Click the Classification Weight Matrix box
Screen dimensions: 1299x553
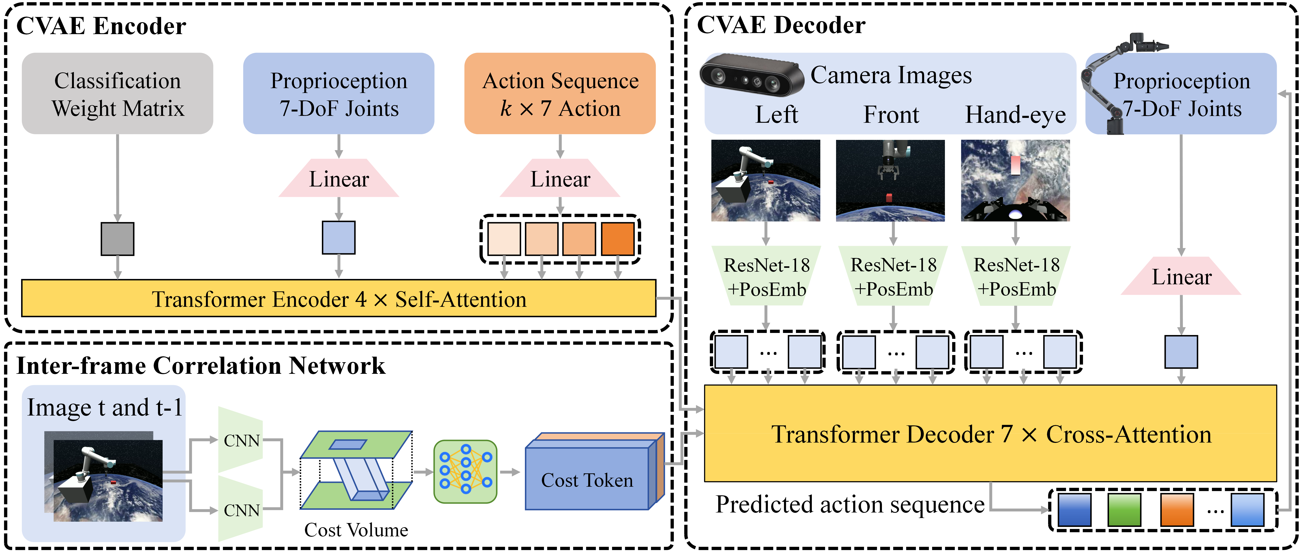pyautogui.click(x=118, y=93)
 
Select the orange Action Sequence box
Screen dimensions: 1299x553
pyautogui.click(x=560, y=93)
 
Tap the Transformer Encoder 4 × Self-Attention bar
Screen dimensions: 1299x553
pyautogui.click(x=339, y=298)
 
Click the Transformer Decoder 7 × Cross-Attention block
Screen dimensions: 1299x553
pyautogui.click(x=990, y=433)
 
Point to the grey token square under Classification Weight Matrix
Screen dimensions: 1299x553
pyautogui.click(x=118, y=239)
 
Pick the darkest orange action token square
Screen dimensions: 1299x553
pyautogui.click(x=618, y=239)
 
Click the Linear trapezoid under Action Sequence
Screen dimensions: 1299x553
pyautogui.click(x=560, y=178)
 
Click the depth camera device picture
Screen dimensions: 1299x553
pyautogui.click(x=751, y=75)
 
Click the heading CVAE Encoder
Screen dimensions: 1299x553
pyautogui.click(x=101, y=26)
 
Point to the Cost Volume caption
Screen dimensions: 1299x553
pyautogui.click(x=356, y=530)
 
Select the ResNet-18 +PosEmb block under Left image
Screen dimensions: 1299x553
pyautogui.click(x=766, y=276)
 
